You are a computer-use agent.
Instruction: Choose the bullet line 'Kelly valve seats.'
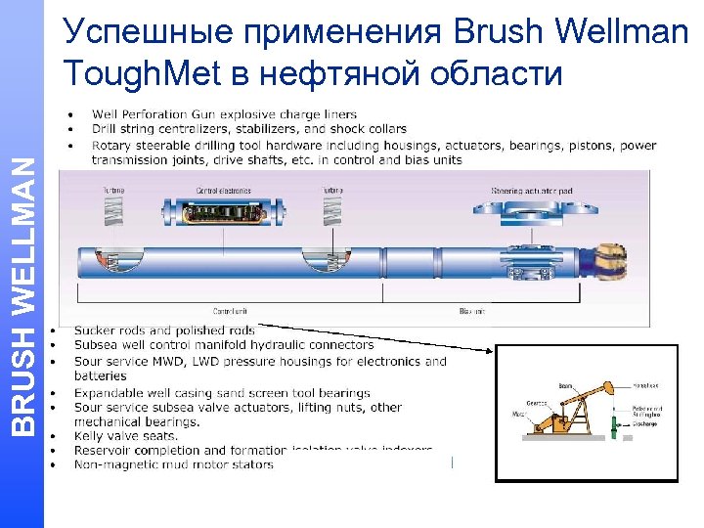126,436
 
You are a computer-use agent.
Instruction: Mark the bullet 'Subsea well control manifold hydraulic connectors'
224,344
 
